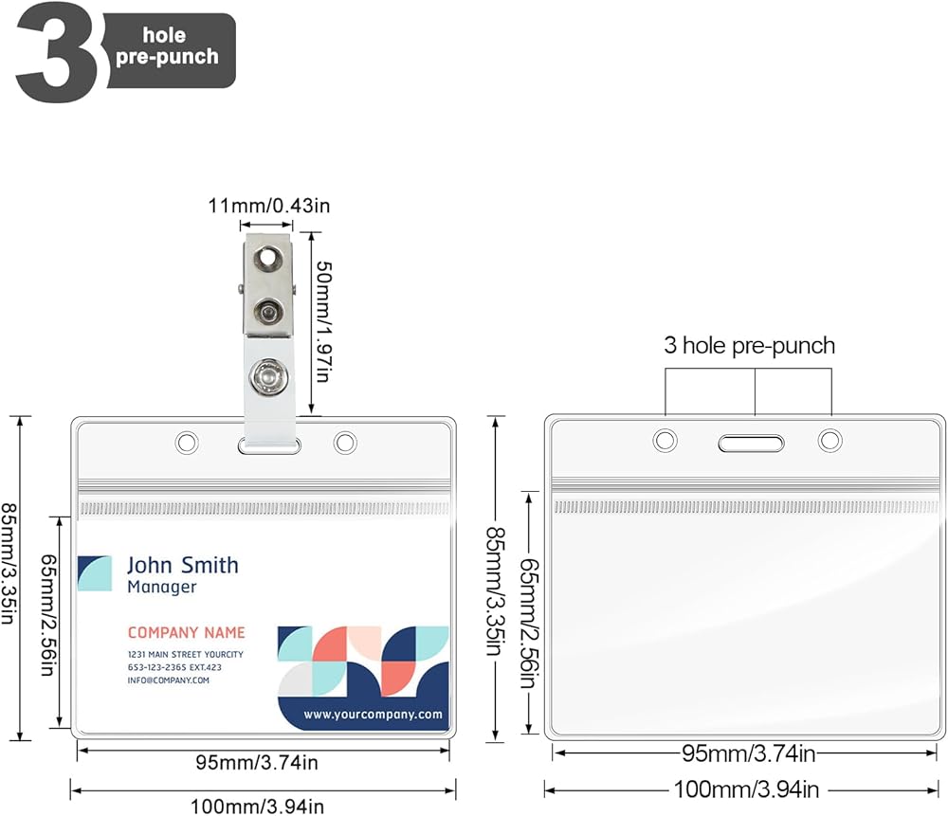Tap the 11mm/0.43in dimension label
pos(269,206)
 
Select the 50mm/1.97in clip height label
pos(324,321)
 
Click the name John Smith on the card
pos(183,565)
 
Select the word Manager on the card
pos(162,587)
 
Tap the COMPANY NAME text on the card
pos(186,633)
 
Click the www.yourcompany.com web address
pos(373,715)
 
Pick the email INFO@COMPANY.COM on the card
pos(168,680)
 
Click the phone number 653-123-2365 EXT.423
pos(174,667)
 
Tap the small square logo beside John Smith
pos(94,573)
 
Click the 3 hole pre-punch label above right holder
pos(749,346)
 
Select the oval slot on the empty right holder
pos(751,443)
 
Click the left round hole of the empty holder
pos(665,440)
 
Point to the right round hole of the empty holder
pos(830,440)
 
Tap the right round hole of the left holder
pos(345,443)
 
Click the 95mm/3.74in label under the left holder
pos(257,763)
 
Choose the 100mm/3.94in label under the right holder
pos(747,789)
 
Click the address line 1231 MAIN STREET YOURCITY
pos(186,655)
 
